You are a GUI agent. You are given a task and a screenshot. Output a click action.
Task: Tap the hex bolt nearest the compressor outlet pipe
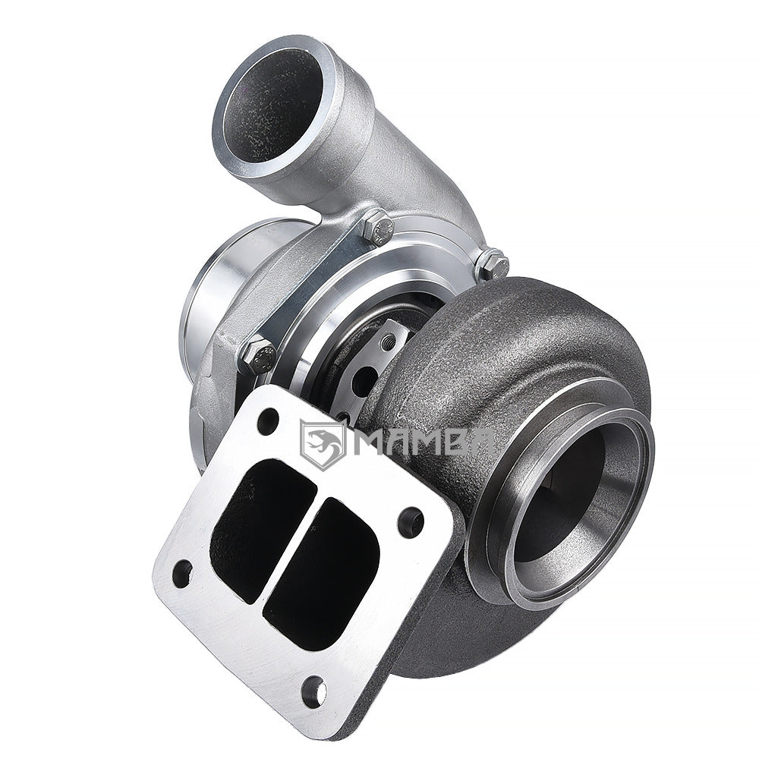(377, 226)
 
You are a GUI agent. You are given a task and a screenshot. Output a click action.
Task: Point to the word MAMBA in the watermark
(425, 442)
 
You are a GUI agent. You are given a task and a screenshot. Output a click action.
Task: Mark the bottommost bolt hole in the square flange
(313, 690)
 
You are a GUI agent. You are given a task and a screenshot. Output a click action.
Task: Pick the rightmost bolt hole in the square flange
(410, 521)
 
